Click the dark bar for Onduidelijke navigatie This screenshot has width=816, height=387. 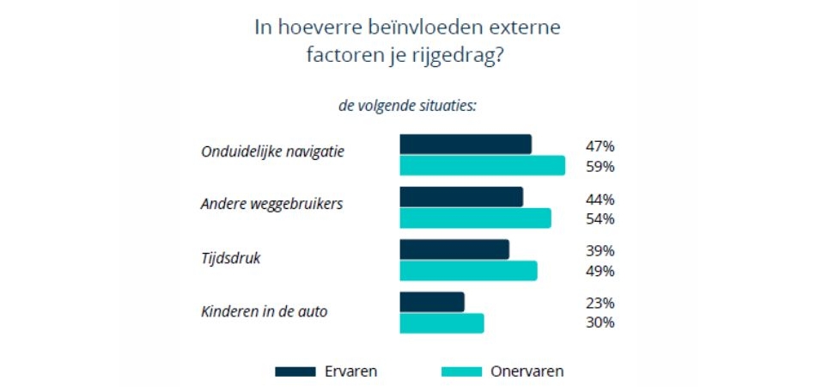(466, 144)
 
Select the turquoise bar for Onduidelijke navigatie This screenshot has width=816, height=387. (482, 165)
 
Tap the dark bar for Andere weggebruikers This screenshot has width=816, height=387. (461, 197)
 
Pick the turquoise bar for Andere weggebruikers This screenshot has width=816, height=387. (475, 218)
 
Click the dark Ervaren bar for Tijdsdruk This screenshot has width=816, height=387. (454, 249)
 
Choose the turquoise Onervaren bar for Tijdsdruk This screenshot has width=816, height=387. (468, 271)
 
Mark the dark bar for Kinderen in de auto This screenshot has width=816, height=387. (432, 302)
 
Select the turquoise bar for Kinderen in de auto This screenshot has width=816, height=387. (441, 323)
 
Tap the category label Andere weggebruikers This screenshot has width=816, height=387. (271, 205)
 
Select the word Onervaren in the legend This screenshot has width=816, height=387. (527, 372)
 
